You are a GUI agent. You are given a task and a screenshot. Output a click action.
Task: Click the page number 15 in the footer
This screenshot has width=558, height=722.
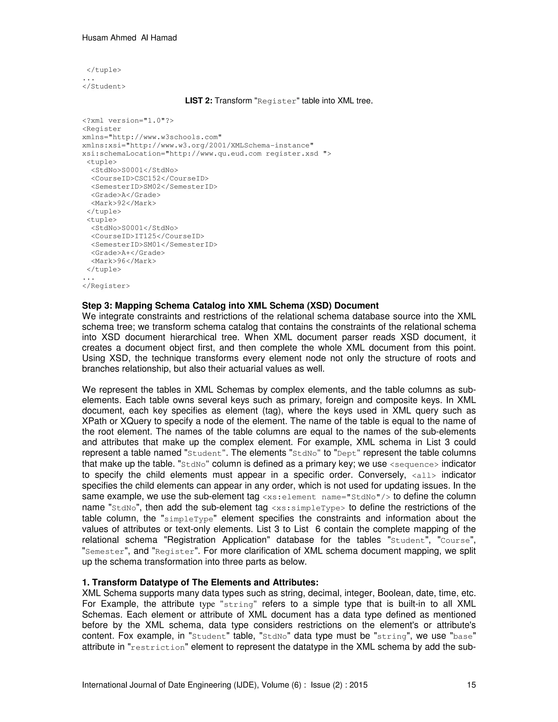click(471, 685)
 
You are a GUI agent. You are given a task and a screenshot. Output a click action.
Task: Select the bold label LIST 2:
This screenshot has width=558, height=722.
click(199, 101)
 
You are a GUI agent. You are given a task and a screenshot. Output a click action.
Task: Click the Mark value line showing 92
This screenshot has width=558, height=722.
click(123, 203)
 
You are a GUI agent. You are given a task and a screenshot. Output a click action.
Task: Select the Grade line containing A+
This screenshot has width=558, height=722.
click(128, 253)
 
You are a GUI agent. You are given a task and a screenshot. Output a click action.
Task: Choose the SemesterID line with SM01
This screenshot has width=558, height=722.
click(154, 245)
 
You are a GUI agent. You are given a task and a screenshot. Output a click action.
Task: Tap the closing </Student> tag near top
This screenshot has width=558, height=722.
click(104, 87)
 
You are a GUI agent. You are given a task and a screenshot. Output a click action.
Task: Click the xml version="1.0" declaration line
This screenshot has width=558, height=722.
click(128, 121)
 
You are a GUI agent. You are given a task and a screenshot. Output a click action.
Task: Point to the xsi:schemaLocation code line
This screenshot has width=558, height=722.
click(206, 154)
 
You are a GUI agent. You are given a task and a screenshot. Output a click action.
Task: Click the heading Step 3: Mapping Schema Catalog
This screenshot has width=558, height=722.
click(230, 305)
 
